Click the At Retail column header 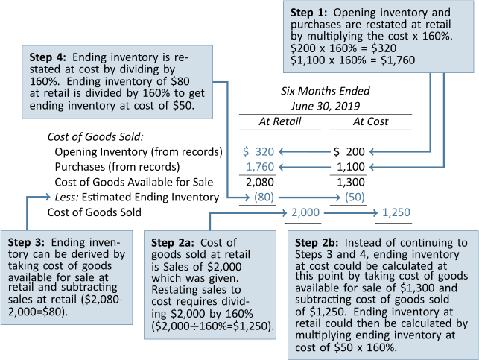[280, 121]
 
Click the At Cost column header [370, 121]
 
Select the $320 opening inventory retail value [258, 151]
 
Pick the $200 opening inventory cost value [349, 151]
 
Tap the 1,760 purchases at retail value [260, 167]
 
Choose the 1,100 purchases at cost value [351, 167]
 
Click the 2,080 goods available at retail [260, 182]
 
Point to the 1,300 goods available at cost [351, 182]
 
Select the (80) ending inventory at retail [264, 197]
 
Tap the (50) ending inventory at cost [355, 197]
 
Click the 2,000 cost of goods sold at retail [305, 212]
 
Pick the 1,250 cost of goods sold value [396, 212]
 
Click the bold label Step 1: [308, 13]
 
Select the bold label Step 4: [48, 57]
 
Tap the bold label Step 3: [26, 242]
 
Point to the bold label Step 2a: [173, 243]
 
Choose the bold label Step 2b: [317, 243]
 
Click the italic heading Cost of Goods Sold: [95, 136]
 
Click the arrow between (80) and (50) [309, 198]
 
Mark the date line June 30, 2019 [325, 106]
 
